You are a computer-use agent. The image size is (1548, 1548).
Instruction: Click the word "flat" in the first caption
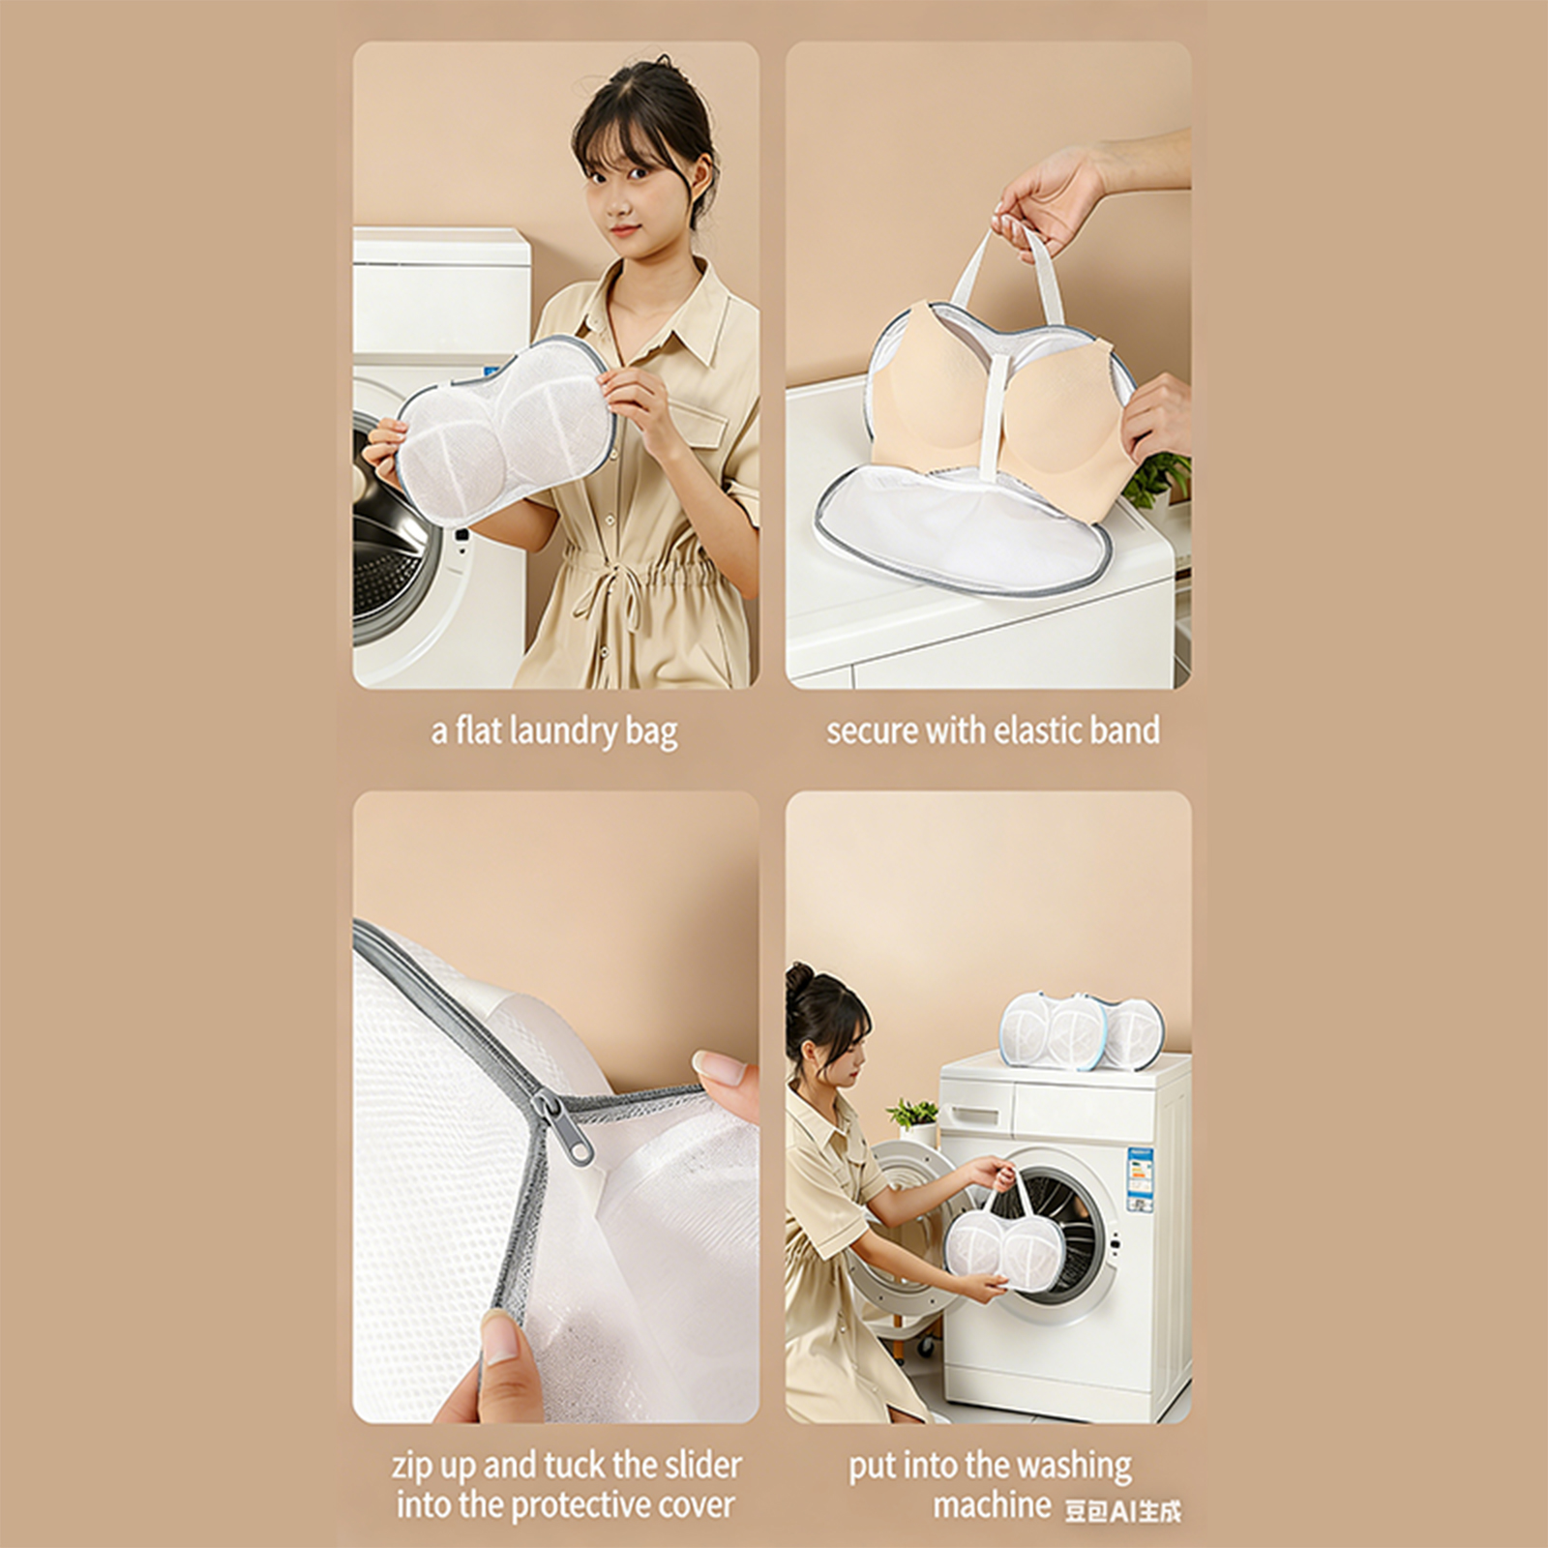[478, 730]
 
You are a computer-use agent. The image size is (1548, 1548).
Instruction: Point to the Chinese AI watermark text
[1122, 1510]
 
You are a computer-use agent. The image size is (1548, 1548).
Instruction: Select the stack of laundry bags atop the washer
[1082, 1031]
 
